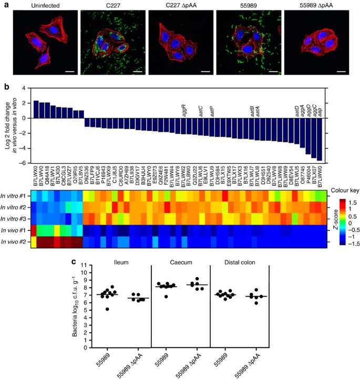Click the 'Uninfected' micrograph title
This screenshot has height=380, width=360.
(43, 5)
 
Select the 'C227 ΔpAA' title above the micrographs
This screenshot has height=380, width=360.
(179, 5)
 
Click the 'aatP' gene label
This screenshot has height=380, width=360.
(212, 112)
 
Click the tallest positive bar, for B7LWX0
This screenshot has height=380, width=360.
(36, 109)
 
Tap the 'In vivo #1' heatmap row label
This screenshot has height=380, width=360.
(16, 230)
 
